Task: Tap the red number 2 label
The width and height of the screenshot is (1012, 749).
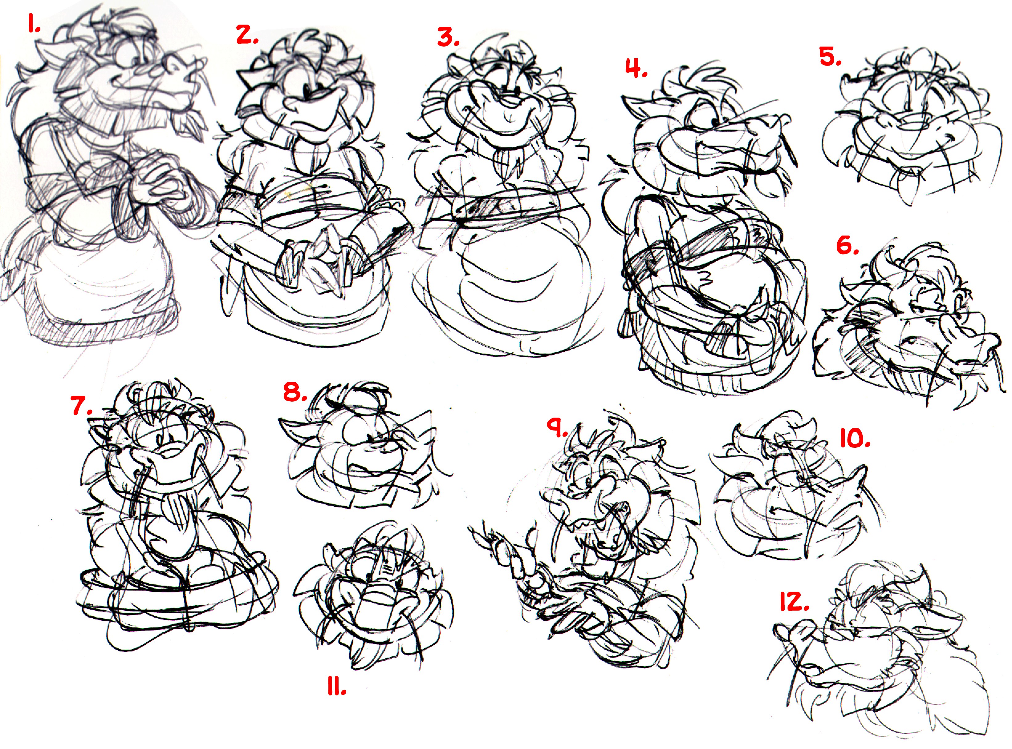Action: coord(248,34)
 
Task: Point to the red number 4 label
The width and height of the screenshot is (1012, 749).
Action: coord(636,68)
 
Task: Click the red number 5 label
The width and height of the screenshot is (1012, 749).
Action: coord(831,57)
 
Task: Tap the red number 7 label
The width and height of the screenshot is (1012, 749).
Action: coord(82,405)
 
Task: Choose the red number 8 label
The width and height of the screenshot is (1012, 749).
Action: coord(295,391)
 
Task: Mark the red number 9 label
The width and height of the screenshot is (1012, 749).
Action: coord(557,427)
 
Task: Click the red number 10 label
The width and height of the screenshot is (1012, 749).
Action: coord(855,439)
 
